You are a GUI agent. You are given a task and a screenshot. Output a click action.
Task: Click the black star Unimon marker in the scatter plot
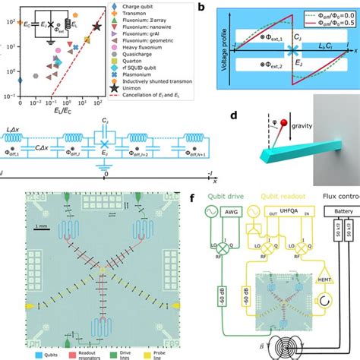(96, 27)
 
